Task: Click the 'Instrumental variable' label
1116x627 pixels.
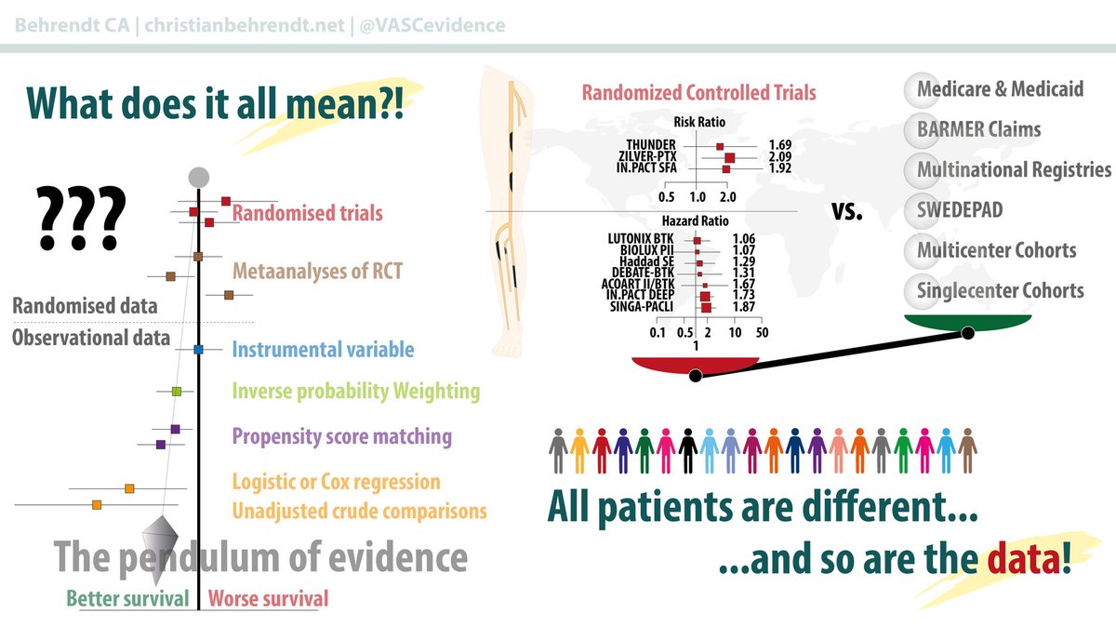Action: [x=323, y=350]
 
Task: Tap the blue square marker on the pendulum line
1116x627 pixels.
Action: [x=198, y=350]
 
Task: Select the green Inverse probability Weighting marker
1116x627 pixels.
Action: [x=176, y=392]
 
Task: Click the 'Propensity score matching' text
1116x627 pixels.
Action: [x=341, y=435]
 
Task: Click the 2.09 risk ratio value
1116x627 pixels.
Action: [x=782, y=157]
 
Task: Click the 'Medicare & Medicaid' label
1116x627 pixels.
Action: [x=1000, y=89]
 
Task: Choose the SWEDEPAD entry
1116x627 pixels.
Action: [x=960, y=210]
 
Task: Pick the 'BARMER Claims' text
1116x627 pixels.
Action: [x=978, y=129]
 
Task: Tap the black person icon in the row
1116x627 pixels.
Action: [x=687, y=451]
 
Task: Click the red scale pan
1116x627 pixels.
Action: [x=694, y=364]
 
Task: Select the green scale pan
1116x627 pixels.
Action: [x=967, y=322]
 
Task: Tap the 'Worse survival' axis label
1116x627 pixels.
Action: [x=268, y=599]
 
